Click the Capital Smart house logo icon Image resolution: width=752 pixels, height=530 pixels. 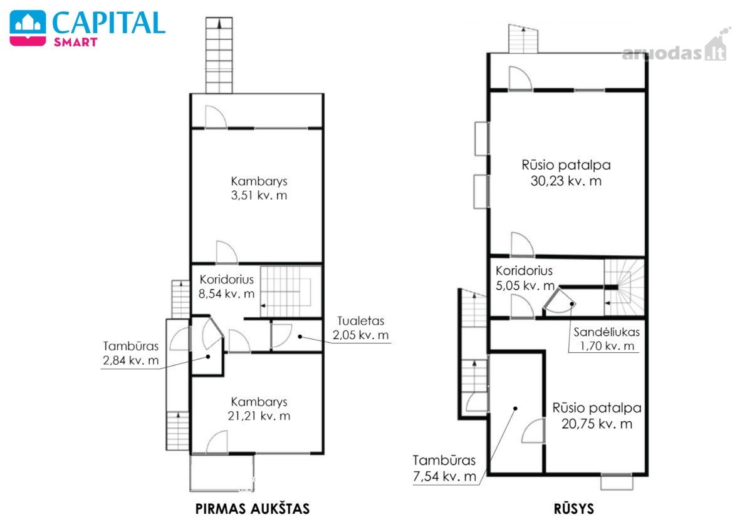(28, 28)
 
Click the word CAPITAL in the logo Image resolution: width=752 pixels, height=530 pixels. (109, 23)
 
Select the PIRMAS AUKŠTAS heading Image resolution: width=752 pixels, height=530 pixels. (253, 509)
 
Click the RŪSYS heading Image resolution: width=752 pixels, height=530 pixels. (574, 509)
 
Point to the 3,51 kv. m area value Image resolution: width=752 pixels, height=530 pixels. (259, 195)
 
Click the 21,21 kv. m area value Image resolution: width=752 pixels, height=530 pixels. (259, 416)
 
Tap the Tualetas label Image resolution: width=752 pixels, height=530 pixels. (360, 321)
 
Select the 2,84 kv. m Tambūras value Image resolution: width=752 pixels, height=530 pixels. (130, 360)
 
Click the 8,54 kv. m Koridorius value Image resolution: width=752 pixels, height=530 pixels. (226, 293)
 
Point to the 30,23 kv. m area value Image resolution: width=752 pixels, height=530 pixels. (566, 181)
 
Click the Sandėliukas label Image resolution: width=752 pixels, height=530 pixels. (607, 332)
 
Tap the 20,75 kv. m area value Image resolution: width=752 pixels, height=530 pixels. (597, 424)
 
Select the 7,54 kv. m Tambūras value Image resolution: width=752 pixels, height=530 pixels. (444, 476)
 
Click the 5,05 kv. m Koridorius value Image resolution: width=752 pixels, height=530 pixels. (525, 285)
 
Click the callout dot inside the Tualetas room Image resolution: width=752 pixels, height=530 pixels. (300, 336)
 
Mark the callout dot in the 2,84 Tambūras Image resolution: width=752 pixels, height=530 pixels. (208, 357)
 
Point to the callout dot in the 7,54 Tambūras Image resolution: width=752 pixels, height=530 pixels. (515, 409)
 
